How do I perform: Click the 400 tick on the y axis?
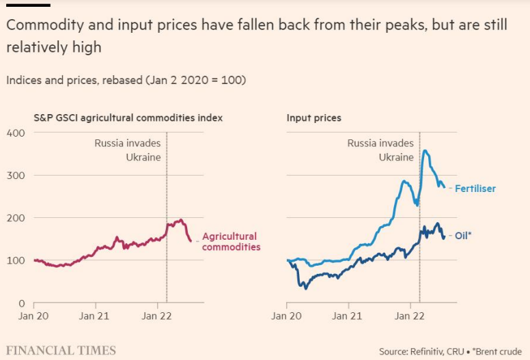click(16, 133)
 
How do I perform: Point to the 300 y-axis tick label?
click(16, 176)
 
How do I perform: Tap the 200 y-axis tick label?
click(16, 218)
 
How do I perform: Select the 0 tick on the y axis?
click(22, 303)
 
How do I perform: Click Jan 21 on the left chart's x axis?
click(94, 316)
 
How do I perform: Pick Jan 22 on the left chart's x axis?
click(156, 316)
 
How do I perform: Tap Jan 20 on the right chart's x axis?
click(286, 316)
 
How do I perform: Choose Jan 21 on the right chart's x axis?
click(347, 316)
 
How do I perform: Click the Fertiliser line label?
click(475, 189)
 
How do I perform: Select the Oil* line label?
click(463, 236)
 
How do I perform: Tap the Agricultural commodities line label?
click(231, 242)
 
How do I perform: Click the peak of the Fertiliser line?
click(426, 151)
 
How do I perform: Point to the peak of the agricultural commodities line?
click(181, 220)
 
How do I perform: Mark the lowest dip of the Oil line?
click(305, 288)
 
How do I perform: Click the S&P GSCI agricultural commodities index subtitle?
click(128, 118)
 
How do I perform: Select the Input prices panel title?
click(314, 118)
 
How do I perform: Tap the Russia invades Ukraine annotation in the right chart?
click(380, 150)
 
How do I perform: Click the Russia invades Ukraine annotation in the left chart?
click(128, 150)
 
